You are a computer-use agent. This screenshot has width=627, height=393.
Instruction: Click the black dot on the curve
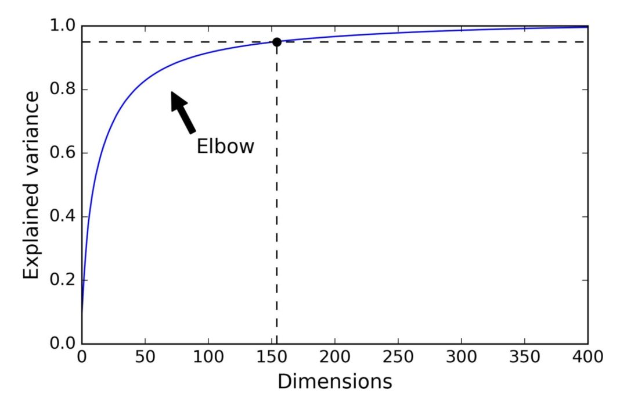tap(277, 42)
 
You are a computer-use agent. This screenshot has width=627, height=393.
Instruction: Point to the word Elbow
tap(225, 145)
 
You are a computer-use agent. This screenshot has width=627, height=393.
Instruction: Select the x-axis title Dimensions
tap(334, 381)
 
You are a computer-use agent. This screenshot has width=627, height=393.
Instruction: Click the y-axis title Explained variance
tap(32, 184)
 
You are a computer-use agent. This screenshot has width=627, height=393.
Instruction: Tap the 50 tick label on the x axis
tap(145, 356)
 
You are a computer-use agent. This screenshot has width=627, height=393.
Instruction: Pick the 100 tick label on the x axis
tap(208, 356)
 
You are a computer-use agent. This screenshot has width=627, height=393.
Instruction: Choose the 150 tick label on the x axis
tap(272, 356)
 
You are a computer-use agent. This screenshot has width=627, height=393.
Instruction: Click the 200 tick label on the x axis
tap(335, 356)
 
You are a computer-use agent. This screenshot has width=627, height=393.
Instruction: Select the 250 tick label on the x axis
tap(398, 356)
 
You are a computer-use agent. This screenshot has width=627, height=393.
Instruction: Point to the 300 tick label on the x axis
tap(462, 356)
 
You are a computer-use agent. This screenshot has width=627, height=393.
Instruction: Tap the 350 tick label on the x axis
tap(525, 356)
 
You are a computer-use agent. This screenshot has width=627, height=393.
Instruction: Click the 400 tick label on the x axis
tap(588, 356)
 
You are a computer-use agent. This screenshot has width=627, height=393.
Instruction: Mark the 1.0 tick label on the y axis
tap(62, 27)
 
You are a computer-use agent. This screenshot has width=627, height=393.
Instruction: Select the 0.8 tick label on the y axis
tap(62, 90)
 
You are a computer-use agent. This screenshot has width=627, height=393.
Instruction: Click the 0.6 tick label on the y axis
tap(62, 153)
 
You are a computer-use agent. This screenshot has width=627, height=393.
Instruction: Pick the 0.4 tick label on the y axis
tap(62, 217)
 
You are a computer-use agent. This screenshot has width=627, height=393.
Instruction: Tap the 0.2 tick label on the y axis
tap(62, 280)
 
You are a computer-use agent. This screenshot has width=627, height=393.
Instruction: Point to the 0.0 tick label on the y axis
tap(62, 344)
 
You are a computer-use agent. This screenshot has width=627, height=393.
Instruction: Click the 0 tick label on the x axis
tap(82, 356)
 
